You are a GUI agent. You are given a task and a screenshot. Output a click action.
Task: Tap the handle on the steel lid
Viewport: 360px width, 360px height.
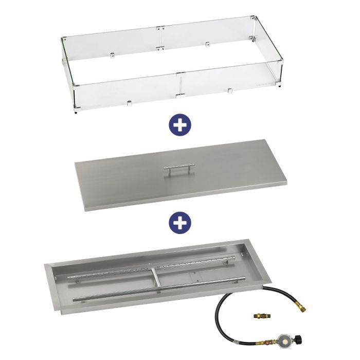(x=179, y=168)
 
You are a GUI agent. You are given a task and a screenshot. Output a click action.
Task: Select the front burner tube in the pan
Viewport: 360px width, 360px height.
(x=159, y=292)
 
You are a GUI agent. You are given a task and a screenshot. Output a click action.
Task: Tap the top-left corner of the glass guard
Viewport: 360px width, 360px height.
(x=62, y=39)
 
